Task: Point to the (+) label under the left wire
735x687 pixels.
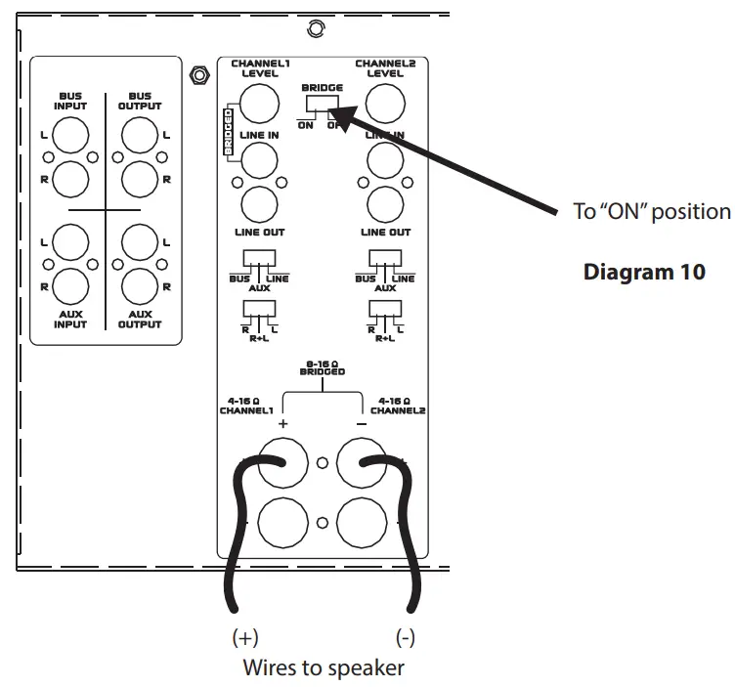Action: tap(244, 639)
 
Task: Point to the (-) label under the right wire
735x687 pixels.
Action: tap(406, 639)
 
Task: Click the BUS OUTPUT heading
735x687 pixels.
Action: tap(140, 102)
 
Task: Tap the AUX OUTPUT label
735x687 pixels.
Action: tap(140, 319)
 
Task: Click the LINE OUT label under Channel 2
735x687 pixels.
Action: tap(385, 232)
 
